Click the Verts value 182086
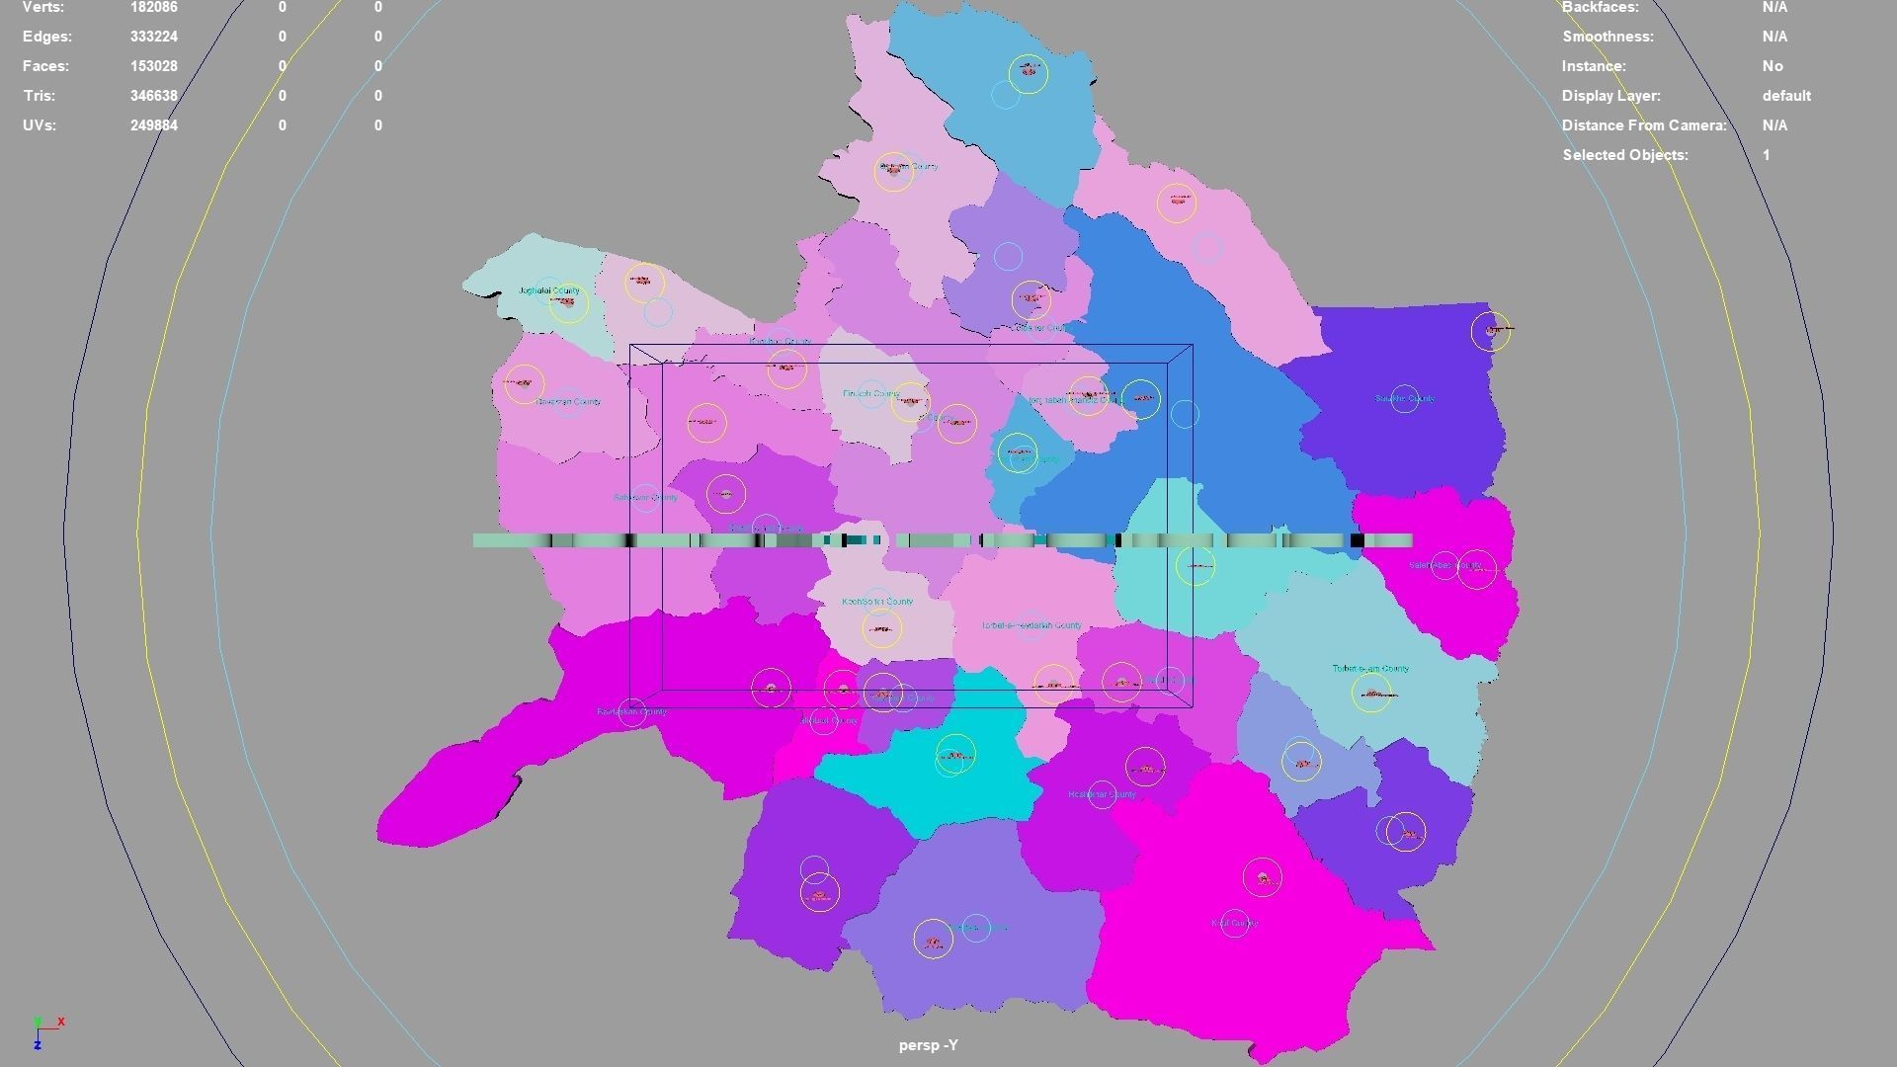click(154, 7)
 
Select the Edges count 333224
click(154, 37)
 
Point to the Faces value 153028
click(154, 66)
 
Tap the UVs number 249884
click(154, 125)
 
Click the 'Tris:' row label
click(40, 96)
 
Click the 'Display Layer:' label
click(1610, 96)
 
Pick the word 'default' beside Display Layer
click(1786, 96)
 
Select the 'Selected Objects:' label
click(1625, 155)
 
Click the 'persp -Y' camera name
click(928, 1045)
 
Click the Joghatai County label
click(549, 290)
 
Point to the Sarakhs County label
click(1405, 399)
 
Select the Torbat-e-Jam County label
click(1370, 669)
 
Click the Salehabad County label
click(1444, 565)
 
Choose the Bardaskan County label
click(631, 711)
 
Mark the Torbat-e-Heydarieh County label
click(1031, 625)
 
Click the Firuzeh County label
click(870, 393)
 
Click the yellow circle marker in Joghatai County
click(568, 302)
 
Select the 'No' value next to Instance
click(1773, 66)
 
